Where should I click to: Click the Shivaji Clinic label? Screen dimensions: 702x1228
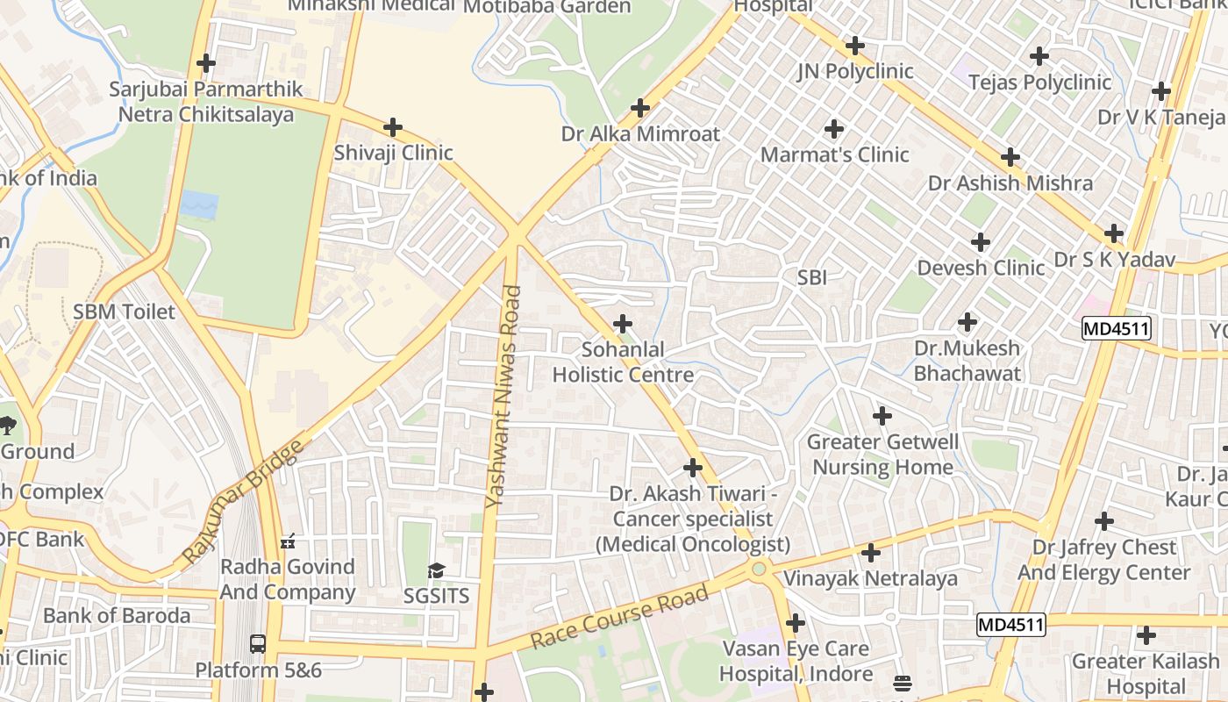393,153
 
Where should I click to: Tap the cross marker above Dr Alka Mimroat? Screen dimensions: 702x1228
640,108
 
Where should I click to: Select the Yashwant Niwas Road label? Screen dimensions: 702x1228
503,397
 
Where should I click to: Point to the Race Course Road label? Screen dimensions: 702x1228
619,619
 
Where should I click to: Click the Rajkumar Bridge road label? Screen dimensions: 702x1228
242,501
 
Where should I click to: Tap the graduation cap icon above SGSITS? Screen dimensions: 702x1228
436,571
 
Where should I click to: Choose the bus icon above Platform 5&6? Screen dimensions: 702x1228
258,643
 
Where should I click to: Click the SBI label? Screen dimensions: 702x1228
812,277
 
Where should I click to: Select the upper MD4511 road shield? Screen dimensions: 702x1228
1116,329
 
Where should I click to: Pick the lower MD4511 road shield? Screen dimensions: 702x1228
1010,625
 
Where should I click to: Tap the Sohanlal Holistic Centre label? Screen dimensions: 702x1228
623,362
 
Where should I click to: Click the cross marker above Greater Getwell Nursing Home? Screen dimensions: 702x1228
882,415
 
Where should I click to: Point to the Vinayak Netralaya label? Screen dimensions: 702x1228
870,579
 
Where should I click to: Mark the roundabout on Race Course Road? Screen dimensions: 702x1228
759,569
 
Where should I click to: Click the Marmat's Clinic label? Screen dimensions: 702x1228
834,154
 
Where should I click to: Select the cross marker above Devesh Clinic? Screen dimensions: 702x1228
981,241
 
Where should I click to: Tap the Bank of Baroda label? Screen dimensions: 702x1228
117,615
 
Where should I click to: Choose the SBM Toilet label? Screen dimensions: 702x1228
124,312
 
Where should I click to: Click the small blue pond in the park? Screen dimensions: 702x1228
199,206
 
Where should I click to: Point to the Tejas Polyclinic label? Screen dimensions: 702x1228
1039,82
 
